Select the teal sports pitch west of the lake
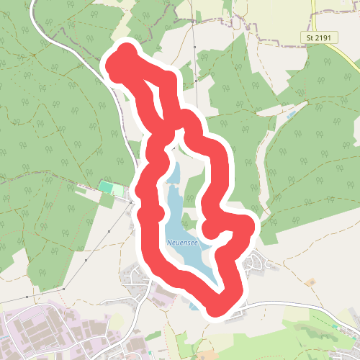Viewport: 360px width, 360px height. click(106, 187)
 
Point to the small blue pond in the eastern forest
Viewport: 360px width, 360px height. click(291, 115)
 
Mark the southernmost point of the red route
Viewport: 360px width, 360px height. click(216, 310)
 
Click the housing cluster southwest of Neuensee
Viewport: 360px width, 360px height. click(137, 277)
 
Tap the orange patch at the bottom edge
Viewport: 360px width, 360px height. click(207, 355)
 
